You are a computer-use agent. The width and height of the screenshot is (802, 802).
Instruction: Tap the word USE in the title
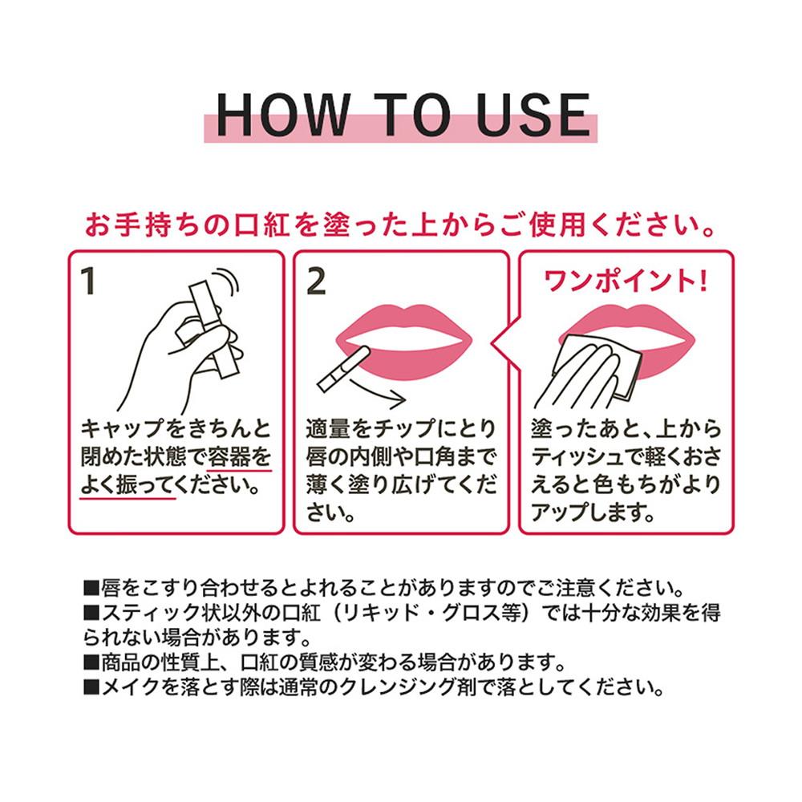(x=533, y=115)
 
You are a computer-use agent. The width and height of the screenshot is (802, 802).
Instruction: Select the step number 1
(x=89, y=282)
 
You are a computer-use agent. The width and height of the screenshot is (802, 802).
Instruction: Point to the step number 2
(x=316, y=282)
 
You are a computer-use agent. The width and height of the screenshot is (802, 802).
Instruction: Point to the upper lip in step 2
(x=404, y=323)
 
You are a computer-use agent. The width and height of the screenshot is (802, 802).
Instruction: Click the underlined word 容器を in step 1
(x=239, y=457)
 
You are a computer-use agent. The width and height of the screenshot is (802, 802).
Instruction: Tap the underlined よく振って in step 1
(x=128, y=485)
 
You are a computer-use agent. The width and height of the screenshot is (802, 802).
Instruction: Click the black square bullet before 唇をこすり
(x=91, y=588)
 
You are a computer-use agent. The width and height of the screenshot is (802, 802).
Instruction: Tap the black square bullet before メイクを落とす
(x=91, y=687)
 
